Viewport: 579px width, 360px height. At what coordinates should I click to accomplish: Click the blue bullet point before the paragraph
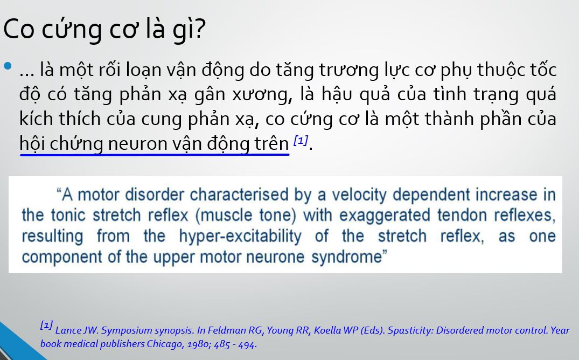[x=8, y=66]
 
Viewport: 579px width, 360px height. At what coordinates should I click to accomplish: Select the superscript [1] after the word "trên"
[x=301, y=141]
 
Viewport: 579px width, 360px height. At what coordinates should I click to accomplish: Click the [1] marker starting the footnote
[x=46, y=326]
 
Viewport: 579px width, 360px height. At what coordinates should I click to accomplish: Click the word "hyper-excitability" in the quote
[x=240, y=237]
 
